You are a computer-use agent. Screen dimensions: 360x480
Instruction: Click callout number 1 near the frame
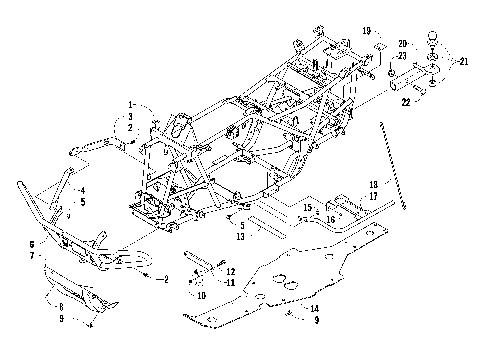pyautogui.click(x=131, y=104)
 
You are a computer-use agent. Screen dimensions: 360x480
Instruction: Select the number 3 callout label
pyautogui.click(x=130, y=117)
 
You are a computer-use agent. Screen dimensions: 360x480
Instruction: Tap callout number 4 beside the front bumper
pyautogui.click(x=83, y=190)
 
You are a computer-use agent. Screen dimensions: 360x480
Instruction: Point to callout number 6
pyautogui.click(x=31, y=243)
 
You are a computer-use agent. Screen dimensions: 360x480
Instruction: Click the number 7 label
pyautogui.click(x=31, y=255)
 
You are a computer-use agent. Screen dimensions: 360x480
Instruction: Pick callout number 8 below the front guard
pyautogui.click(x=60, y=306)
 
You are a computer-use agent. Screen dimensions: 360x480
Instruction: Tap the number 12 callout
pyautogui.click(x=231, y=271)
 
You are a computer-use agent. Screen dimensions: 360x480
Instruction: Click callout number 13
pyautogui.click(x=241, y=237)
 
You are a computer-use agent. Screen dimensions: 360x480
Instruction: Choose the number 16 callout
pyautogui.click(x=330, y=217)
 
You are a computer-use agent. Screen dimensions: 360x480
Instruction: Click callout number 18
pyautogui.click(x=373, y=185)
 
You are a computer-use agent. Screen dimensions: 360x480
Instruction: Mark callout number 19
pyautogui.click(x=366, y=30)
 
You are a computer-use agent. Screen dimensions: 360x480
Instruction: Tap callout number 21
pyautogui.click(x=465, y=61)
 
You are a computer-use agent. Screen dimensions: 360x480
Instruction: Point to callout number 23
pyautogui.click(x=403, y=57)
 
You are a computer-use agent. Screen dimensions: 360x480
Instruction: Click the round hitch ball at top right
pyautogui.click(x=432, y=40)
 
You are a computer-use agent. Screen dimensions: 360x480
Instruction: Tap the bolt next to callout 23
pyautogui.click(x=388, y=74)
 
